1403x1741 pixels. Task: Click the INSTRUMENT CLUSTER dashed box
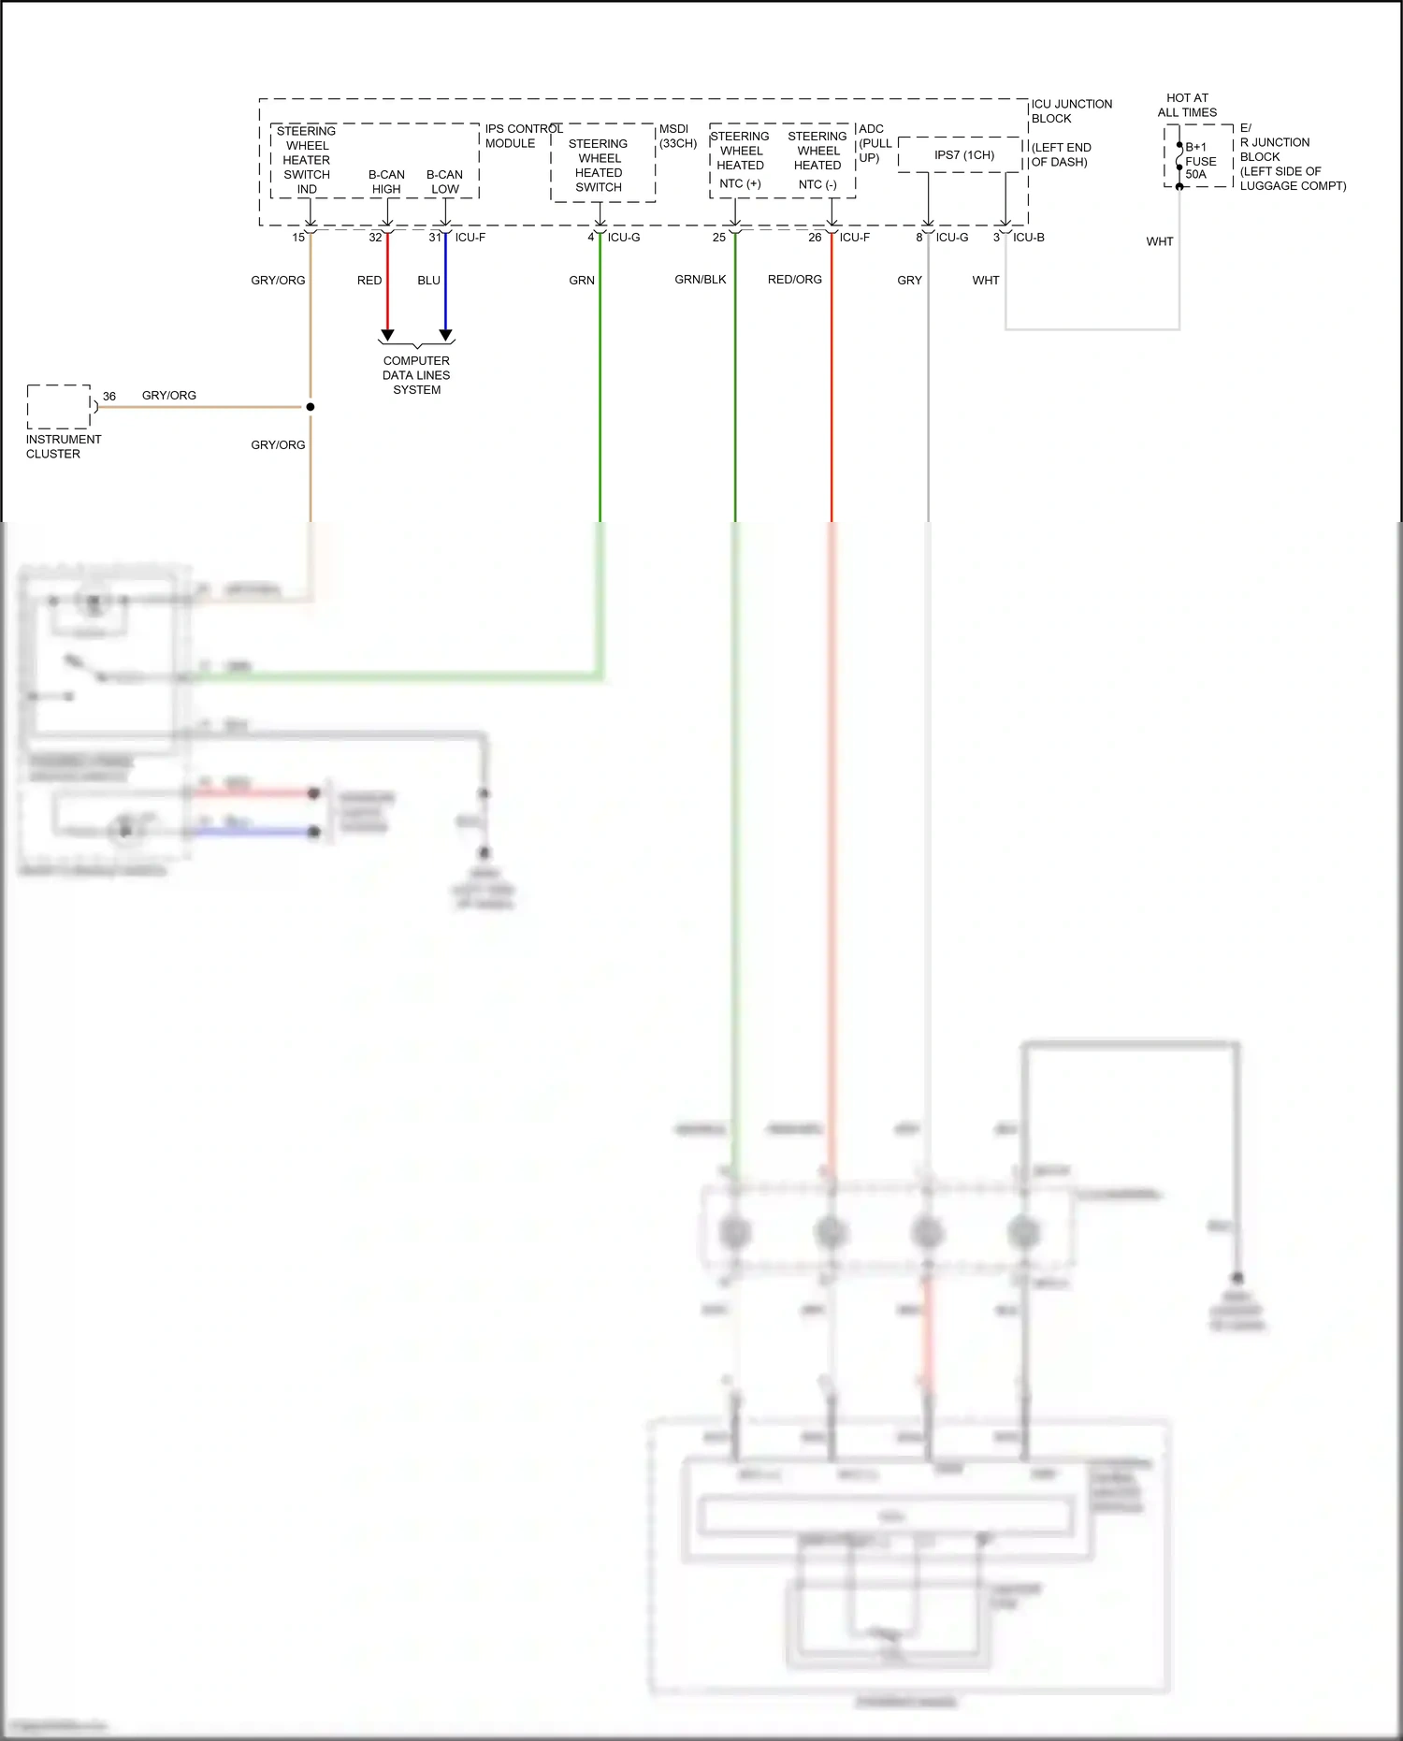point(58,406)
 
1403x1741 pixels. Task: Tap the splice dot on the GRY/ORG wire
point(311,407)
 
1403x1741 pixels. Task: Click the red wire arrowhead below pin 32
point(387,335)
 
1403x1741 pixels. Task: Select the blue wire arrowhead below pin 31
point(446,335)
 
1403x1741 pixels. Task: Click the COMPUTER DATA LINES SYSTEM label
point(416,375)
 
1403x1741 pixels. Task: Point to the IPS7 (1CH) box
point(963,155)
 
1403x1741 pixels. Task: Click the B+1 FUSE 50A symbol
point(1180,161)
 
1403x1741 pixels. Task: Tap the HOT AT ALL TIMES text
point(1187,105)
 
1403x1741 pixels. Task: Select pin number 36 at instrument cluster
point(109,397)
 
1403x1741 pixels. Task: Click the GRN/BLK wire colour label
point(700,280)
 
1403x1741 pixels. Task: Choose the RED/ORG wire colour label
point(794,280)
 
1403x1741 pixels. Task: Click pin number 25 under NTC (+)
point(718,238)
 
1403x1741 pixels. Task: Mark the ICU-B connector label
point(1028,238)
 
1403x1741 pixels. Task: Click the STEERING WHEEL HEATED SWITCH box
point(600,165)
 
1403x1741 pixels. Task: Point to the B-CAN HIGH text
point(386,181)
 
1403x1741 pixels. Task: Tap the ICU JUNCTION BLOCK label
point(1071,111)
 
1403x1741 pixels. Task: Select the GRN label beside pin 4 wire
point(581,281)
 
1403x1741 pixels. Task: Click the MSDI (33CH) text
point(677,137)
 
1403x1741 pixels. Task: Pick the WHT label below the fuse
point(1159,241)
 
